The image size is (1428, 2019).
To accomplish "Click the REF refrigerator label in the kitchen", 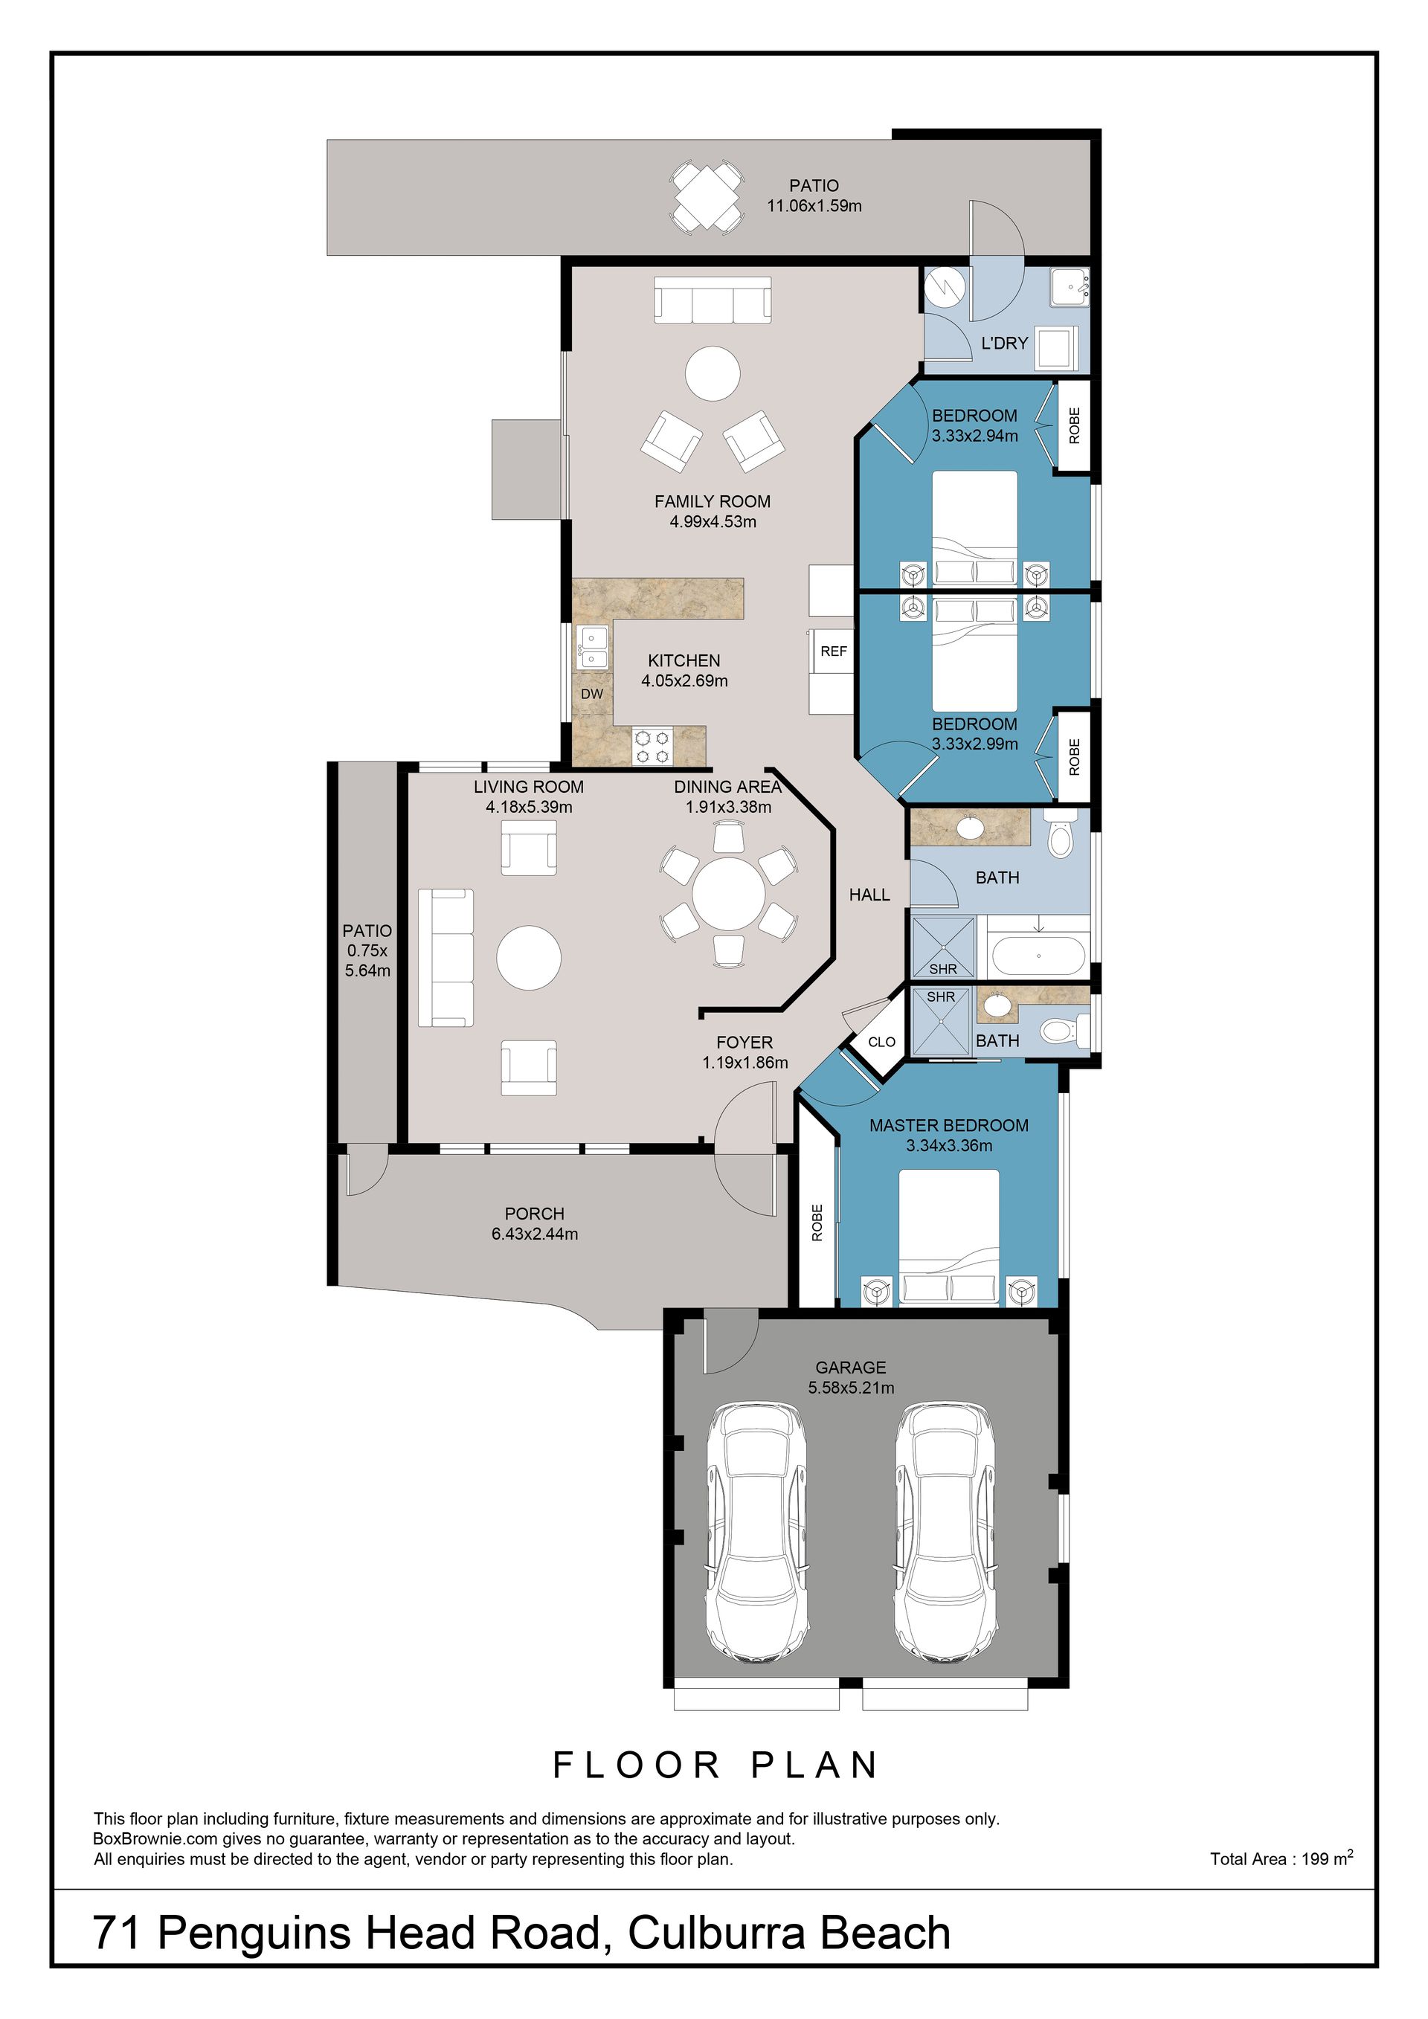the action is pyautogui.click(x=834, y=651).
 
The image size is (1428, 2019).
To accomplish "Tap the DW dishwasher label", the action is pyautogui.click(x=592, y=694).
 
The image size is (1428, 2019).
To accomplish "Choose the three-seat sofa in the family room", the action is pyautogui.click(x=713, y=300).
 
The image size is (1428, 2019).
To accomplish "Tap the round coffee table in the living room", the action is pyautogui.click(x=529, y=958).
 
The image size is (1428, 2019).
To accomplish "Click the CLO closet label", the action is pyautogui.click(x=882, y=1042).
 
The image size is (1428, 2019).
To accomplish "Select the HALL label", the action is pyautogui.click(x=869, y=895).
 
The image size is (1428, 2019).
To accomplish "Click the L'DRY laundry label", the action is pyautogui.click(x=1004, y=343).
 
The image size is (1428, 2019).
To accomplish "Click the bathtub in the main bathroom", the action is pyautogui.click(x=1038, y=955).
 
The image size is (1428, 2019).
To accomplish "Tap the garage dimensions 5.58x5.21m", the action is pyautogui.click(x=851, y=1388).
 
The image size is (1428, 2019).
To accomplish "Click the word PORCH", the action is pyautogui.click(x=535, y=1214).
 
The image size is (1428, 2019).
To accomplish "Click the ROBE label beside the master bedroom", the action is pyautogui.click(x=817, y=1223).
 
